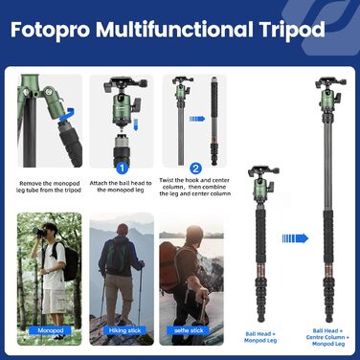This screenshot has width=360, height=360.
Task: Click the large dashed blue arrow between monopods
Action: coord(294,237)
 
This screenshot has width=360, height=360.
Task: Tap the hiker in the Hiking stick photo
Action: coord(120,263)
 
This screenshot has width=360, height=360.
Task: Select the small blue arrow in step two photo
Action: coord(197,119)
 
